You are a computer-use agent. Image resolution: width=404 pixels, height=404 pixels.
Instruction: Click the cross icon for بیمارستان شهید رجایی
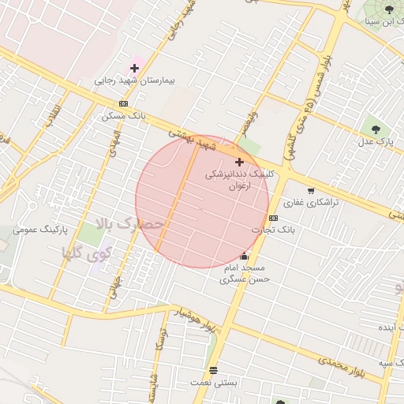tap(134, 69)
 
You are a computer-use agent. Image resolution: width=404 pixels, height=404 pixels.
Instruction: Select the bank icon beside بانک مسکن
tap(123, 104)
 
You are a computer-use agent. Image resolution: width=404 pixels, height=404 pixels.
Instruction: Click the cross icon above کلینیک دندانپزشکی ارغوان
tap(239, 162)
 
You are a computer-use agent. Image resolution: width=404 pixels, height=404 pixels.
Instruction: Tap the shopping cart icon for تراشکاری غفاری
tap(311, 190)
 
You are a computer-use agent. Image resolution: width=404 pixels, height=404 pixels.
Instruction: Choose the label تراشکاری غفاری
tap(311, 203)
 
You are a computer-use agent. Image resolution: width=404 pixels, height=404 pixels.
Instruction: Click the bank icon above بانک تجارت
tap(273, 218)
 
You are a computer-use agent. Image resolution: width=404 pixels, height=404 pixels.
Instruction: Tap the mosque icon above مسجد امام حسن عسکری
tap(245, 256)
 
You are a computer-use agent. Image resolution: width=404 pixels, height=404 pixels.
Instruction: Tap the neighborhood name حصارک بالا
tap(129, 225)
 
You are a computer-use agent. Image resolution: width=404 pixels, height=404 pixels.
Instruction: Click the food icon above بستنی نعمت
tap(213, 370)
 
